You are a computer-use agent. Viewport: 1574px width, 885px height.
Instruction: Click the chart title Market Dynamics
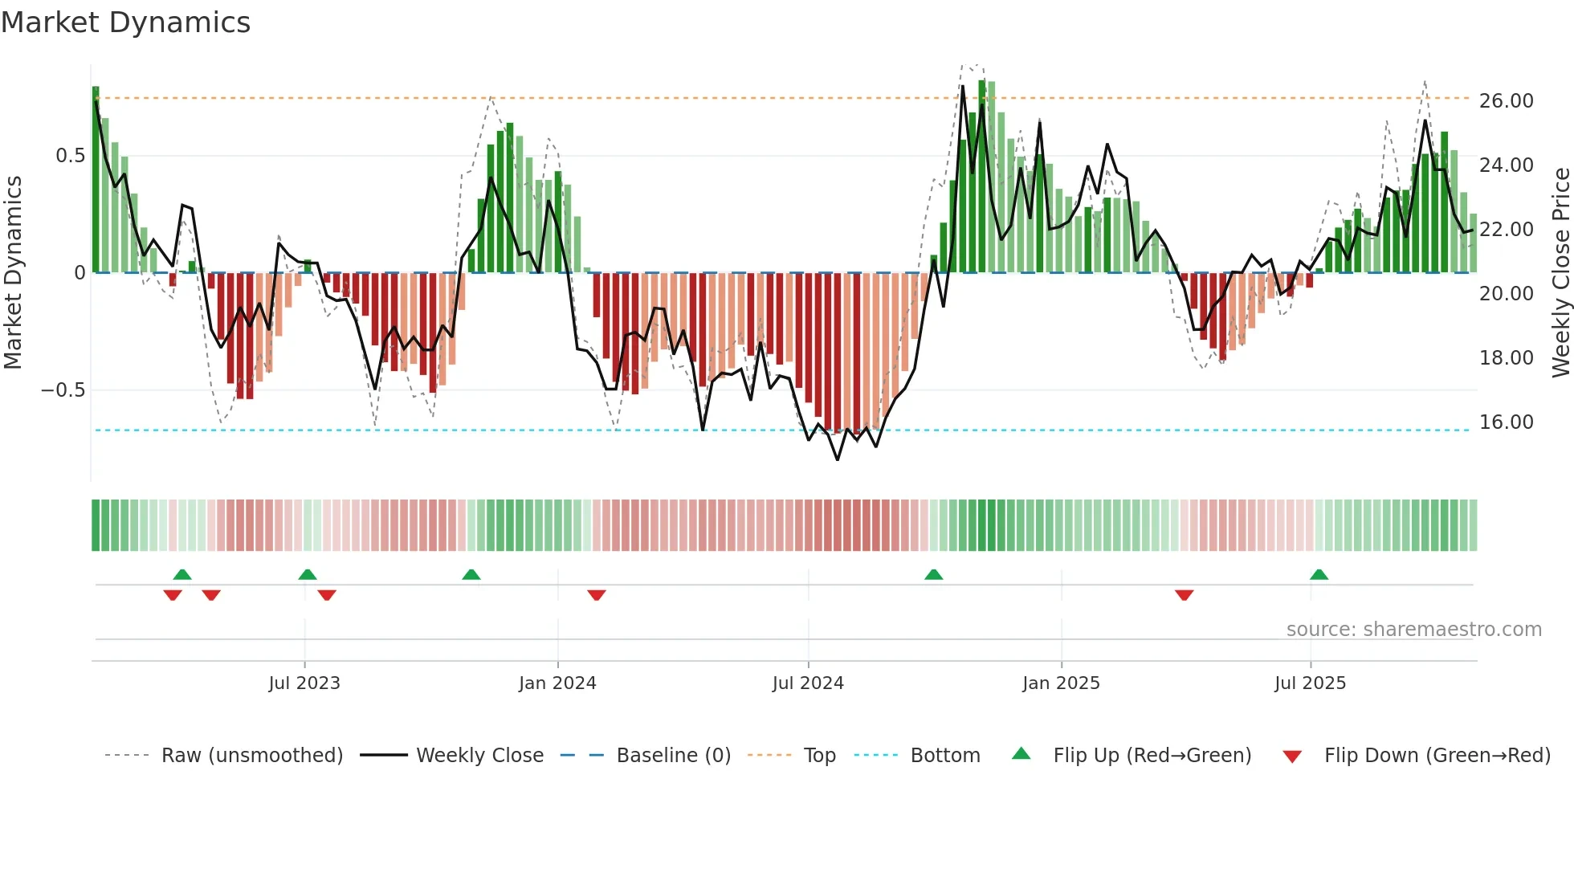click(x=125, y=22)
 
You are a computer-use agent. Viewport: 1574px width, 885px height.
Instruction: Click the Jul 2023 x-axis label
click(x=304, y=683)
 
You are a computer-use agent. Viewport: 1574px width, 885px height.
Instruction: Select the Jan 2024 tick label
click(x=557, y=683)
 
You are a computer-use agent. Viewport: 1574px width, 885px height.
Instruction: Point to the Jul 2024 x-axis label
click(x=808, y=683)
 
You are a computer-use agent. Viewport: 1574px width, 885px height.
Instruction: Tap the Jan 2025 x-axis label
click(x=1061, y=683)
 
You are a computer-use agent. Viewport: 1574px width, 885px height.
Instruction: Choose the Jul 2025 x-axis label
click(x=1310, y=683)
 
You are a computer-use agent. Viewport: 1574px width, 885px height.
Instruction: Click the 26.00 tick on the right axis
click(x=1506, y=101)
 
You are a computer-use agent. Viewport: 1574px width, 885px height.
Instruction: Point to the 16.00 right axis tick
click(x=1506, y=422)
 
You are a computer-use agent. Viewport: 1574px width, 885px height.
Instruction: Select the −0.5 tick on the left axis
click(x=63, y=390)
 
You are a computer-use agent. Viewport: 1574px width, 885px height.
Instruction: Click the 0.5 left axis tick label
click(x=70, y=156)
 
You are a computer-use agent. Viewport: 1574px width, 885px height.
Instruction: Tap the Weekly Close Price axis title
click(x=1560, y=272)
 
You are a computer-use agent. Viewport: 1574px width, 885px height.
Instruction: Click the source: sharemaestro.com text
click(x=1413, y=630)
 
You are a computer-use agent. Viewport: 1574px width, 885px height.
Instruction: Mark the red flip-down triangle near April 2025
click(x=1184, y=595)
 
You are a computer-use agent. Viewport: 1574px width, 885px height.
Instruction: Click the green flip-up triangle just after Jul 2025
click(x=1319, y=574)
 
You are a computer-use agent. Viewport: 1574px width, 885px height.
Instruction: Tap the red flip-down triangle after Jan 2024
click(x=596, y=595)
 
